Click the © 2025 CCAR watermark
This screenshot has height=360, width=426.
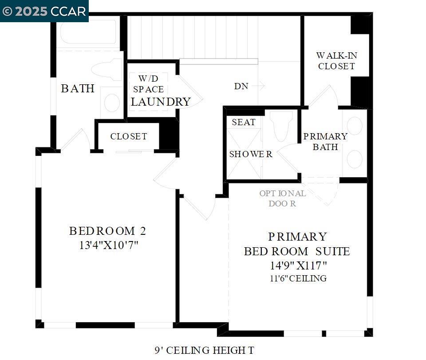[44, 11]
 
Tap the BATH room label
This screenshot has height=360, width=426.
[78, 89]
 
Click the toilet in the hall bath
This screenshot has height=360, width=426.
[106, 70]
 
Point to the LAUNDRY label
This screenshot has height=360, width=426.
[161, 102]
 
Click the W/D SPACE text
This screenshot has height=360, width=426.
[148, 84]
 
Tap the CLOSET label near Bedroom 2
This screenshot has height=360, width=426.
[129, 137]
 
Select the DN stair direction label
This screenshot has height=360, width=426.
[241, 87]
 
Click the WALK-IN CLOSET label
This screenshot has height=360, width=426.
[336, 61]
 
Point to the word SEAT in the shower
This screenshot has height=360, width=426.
[244, 123]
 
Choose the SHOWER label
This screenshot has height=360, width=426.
[251, 154]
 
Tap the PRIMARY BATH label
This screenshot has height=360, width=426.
[325, 142]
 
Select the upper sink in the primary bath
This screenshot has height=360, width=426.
[354, 126]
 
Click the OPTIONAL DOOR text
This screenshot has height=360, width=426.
[283, 198]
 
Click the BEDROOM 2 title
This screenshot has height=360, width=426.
[107, 231]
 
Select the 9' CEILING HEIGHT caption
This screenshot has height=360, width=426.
[205, 351]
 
